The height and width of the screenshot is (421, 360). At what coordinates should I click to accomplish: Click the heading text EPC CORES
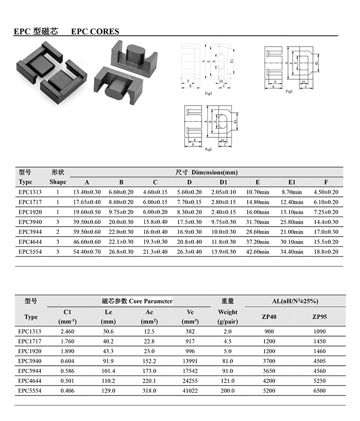(x=95, y=32)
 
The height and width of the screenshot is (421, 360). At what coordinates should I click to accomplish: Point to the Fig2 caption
(x=289, y=91)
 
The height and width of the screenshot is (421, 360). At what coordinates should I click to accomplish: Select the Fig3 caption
(x=208, y=150)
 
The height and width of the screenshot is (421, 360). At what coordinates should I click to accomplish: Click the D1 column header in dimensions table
(x=224, y=182)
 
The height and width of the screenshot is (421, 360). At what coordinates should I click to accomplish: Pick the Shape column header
(x=58, y=182)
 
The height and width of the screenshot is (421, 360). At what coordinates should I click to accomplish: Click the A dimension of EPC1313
(x=87, y=192)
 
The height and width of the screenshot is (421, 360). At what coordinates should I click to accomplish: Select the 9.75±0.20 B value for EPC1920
(x=121, y=212)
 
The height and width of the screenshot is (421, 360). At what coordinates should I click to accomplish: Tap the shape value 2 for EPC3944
(x=58, y=232)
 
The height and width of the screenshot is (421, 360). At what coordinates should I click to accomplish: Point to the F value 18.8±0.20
(x=326, y=252)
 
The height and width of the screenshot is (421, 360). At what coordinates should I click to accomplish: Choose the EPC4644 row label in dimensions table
(x=30, y=242)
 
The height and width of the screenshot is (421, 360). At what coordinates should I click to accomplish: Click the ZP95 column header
(x=319, y=317)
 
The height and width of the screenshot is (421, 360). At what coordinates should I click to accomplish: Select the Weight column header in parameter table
(x=228, y=316)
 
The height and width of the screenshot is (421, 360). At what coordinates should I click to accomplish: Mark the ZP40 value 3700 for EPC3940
(x=269, y=361)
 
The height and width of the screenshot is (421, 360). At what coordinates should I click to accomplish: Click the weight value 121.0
(x=228, y=381)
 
